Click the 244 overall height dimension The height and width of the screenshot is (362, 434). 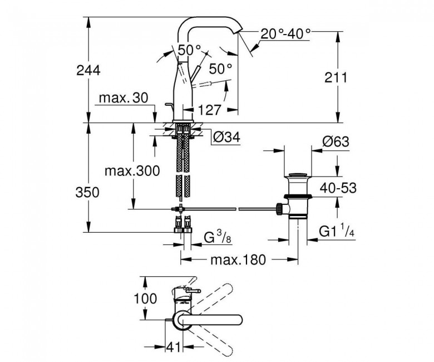point(88,70)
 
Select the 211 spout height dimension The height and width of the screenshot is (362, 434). point(336,77)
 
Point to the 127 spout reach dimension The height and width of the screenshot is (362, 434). point(209,109)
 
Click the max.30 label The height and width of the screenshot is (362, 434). point(123,98)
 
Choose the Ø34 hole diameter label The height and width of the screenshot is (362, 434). point(226,135)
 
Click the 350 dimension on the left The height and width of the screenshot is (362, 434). point(88,192)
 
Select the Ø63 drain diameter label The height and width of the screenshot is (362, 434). point(336,142)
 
